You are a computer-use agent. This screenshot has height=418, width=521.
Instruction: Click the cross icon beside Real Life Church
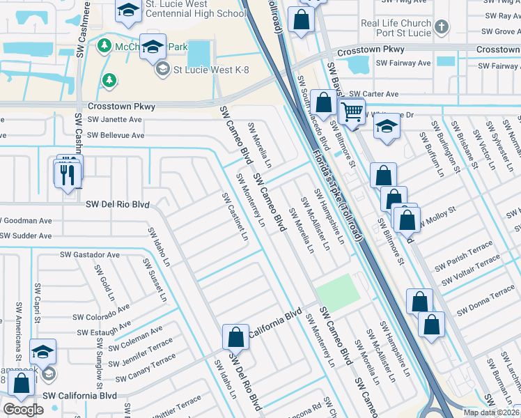[440, 28]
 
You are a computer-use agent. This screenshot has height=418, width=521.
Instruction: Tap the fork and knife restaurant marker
[68, 173]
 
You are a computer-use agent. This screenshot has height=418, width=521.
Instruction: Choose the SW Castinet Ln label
[235, 217]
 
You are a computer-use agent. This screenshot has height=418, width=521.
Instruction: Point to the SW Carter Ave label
[373, 94]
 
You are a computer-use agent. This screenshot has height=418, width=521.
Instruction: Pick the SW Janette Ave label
[114, 119]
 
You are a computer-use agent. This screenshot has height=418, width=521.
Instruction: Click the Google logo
[23, 409]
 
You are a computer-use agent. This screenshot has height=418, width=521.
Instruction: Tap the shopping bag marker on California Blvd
[236, 337]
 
